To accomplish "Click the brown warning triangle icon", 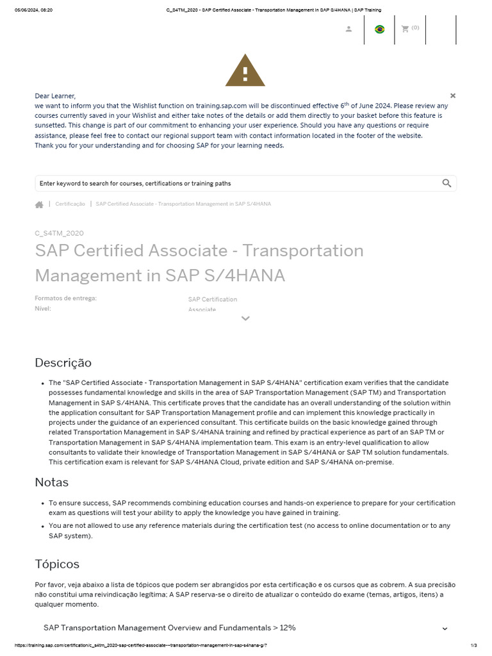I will pyautogui.click(x=245, y=71).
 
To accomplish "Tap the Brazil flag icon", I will pyautogui.click(x=379, y=29).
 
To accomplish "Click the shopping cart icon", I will pyautogui.click(x=405, y=29).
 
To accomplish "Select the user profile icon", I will pyautogui.click(x=348, y=29).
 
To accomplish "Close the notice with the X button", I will pyautogui.click(x=453, y=95).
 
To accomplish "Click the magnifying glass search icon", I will pyautogui.click(x=447, y=183).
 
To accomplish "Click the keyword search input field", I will pyautogui.click(x=237, y=183).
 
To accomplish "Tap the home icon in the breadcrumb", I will pyautogui.click(x=39, y=204).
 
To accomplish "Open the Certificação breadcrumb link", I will pyautogui.click(x=70, y=204).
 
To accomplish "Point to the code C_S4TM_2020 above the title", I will pyautogui.click(x=59, y=233).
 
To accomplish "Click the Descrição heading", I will pyautogui.click(x=63, y=363).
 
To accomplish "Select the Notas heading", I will pyautogui.click(x=51, y=482).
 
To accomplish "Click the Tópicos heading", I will pyautogui.click(x=57, y=564).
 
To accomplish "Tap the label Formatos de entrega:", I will pyautogui.click(x=65, y=299).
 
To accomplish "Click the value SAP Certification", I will pyautogui.click(x=212, y=299).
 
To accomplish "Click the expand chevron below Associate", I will pyautogui.click(x=245, y=318).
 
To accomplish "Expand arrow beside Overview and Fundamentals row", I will pyautogui.click(x=445, y=628).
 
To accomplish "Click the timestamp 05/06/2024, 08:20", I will pyautogui.click(x=33, y=10).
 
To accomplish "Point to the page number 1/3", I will pyautogui.click(x=474, y=645).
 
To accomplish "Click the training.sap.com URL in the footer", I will pyautogui.click(x=138, y=645).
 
